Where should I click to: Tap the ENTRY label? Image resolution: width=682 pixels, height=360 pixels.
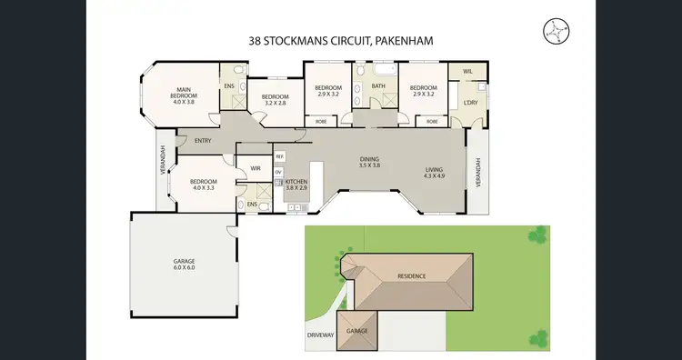click(x=204, y=140)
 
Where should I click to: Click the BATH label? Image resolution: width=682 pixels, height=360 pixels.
click(x=377, y=87)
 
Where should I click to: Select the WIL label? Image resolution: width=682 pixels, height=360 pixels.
click(x=467, y=71)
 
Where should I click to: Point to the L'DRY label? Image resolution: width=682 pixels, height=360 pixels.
click(x=470, y=102)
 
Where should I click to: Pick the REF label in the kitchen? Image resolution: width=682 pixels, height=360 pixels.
click(x=279, y=156)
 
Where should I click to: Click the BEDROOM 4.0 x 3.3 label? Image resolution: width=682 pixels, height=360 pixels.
click(x=202, y=184)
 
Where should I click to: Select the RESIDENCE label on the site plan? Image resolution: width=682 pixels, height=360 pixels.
click(x=410, y=275)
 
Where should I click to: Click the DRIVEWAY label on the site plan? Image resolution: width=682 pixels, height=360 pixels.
click(x=321, y=334)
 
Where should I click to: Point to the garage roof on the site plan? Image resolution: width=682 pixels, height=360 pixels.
click(x=356, y=329)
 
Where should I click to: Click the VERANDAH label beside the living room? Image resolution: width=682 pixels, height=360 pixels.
click(x=476, y=173)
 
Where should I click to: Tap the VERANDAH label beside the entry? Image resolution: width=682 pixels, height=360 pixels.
click(x=162, y=163)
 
